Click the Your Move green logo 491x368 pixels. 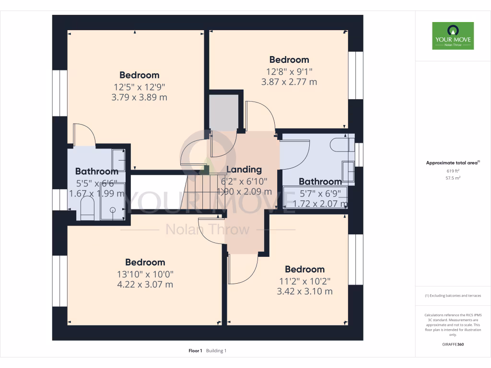tap(453, 36)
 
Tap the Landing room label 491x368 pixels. tap(244, 170)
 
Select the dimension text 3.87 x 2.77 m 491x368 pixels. tap(289, 82)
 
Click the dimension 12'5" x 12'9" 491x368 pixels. tap(140, 87)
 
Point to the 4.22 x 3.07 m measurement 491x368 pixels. tap(145, 285)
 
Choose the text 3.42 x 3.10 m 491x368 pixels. tap(305, 291)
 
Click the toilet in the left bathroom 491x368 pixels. tap(87, 209)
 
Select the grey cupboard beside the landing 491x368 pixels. tap(224, 112)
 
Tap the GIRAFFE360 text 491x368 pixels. tap(453, 345)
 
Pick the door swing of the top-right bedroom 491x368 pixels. tap(259, 116)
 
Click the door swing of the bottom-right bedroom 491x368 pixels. tap(243, 269)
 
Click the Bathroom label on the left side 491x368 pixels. tap(97, 172)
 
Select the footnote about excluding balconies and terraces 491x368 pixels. tap(453, 296)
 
